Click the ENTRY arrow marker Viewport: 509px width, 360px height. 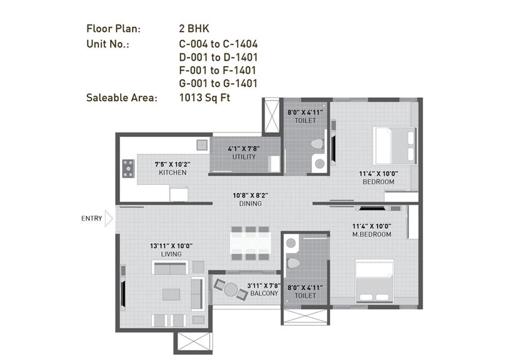pyautogui.click(x=109, y=219)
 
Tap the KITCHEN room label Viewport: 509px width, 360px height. pyautogui.click(x=173, y=172)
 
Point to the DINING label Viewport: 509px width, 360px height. pyautogui.click(x=249, y=204)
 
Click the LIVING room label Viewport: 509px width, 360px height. pyautogui.click(x=171, y=254)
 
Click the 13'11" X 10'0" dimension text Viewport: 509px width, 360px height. pyautogui.click(x=171, y=246)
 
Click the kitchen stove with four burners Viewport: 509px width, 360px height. pyautogui.click(x=128, y=168)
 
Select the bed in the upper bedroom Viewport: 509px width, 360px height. pyautogui.click(x=393, y=145)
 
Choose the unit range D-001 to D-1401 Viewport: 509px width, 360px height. pyautogui.click(x=218, y=57)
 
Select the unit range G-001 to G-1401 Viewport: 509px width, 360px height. pyautogui.click(x=218, y=83)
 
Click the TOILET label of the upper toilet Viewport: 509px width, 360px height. pyautogui.click(x=301, y=121)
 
